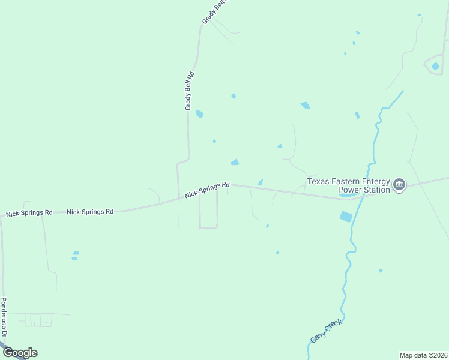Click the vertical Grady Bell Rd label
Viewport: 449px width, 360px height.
tap(190, 91)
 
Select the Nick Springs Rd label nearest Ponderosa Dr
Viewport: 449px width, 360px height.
tap(29, 213)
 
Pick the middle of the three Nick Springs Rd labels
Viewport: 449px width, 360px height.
tap(90, 212)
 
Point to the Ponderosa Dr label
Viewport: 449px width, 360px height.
tap(4, 317)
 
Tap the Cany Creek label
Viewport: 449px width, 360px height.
tap(326, 331)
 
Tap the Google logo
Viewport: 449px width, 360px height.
tap(20, 353)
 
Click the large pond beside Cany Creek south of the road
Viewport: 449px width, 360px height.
tap(346, 217)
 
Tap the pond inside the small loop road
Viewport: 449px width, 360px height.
tap(435, 65)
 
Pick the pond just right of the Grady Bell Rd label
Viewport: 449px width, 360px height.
tap(199, 113)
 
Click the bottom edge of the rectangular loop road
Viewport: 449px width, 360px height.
tap(208, 227)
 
